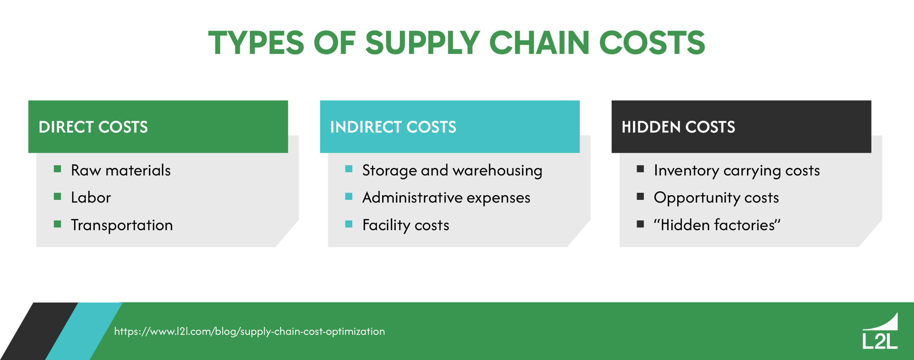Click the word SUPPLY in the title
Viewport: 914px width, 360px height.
point(422,43)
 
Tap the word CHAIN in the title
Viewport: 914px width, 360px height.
point(539,43)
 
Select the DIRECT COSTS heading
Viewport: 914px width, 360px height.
point(93,127)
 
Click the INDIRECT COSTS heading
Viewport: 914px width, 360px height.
point(393,127)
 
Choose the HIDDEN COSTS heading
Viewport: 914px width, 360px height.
point(678,127)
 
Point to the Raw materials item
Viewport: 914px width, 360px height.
point(121,170)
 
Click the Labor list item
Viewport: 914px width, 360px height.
point(91,198)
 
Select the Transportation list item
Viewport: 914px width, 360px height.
point(122,225)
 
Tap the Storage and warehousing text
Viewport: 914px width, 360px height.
point(452,170)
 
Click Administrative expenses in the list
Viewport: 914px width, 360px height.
point(446,198)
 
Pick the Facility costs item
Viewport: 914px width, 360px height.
point(406,225)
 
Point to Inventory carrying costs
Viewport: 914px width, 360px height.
point(737,170)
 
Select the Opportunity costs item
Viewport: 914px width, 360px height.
point(716,198)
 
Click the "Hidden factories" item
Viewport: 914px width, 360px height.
point(717,225)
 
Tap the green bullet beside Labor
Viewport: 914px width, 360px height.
point(58,197)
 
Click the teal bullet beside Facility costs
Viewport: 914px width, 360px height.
point(349,224)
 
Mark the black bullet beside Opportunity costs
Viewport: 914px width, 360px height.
point(640,197)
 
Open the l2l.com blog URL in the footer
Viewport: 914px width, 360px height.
point(249,331)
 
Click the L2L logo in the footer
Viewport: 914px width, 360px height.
point(880,332)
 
